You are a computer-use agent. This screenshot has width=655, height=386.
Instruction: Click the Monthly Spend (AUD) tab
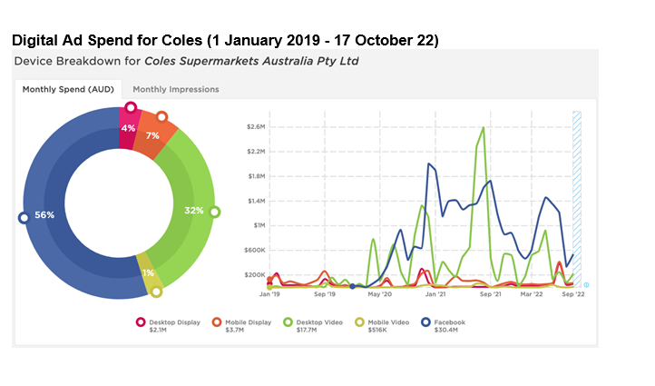(x=68, y=89)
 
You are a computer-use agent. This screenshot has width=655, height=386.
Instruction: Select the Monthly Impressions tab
(x=175, y=89)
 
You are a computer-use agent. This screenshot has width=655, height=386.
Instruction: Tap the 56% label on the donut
(x=45, y=215)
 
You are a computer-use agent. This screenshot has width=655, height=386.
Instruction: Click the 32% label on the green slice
(x=193, y=210)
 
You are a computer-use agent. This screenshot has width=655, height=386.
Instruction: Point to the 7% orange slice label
(x=152, y=134)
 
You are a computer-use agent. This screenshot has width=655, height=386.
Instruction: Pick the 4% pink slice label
(x=128, y=128)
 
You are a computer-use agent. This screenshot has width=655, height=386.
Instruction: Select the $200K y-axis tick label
(x=253, y=274)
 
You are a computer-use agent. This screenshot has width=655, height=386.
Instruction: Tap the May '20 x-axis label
(x=380, y=295)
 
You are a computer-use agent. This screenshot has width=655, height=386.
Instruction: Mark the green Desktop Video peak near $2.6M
(x=483, y=127)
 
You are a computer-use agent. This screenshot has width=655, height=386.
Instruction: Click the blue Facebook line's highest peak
(x=428, y=163)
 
